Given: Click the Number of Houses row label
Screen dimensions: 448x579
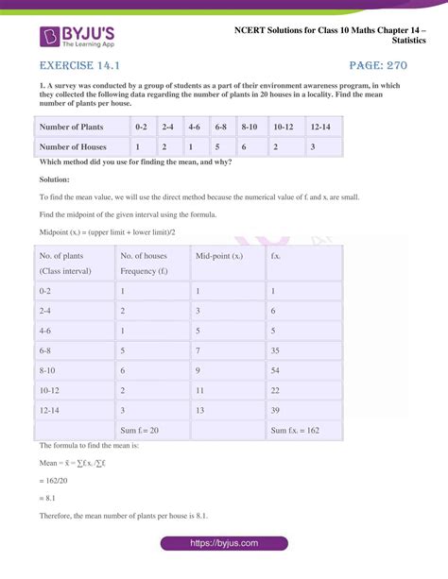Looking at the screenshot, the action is click(x=73, y=146).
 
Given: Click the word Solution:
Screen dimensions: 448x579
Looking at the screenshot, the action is click(x=55, y=179).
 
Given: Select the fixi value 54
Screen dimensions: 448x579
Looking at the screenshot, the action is click(x=275, y=371).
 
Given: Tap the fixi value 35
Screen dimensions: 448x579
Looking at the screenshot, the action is click(x=275, y=350).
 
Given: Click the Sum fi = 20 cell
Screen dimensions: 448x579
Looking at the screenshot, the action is click(x=139, y=431).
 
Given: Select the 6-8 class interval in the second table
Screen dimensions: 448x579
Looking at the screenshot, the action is click(x=46, y=350).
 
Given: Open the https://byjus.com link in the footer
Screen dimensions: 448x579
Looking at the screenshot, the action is click(x=224, y=545).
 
